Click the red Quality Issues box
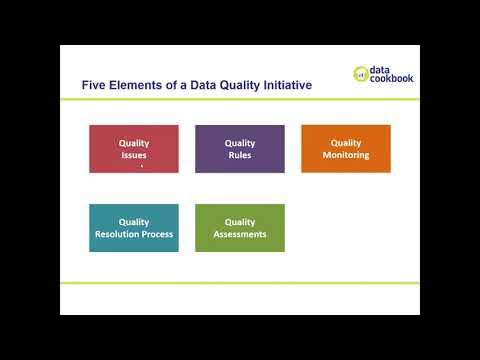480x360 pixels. pos(134,149)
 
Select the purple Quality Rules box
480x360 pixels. pos(240,149)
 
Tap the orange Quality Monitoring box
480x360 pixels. pos(346,149)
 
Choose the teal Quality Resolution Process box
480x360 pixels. pos(134,228)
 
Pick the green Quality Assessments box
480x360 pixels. pos(240,228)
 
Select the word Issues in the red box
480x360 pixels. pos(134,155)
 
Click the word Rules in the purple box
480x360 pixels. pos(240,155)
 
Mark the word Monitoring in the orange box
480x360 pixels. pos(346,155)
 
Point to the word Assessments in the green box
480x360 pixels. pos(240,234)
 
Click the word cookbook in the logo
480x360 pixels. pos(391,78)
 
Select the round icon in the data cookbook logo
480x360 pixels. pos(361,73)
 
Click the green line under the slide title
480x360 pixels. pos(240,101)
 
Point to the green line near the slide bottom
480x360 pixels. pos(240,283)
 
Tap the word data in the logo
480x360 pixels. pos(381,68)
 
